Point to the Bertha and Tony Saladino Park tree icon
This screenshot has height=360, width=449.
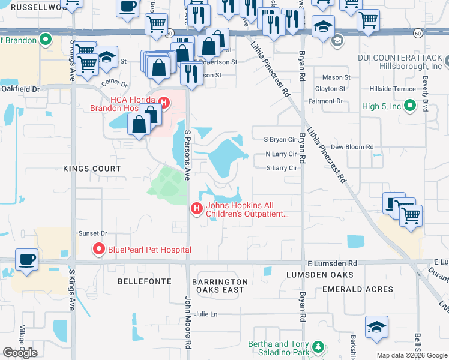pyautogui.click(x=317, y=347)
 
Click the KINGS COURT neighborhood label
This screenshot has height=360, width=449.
pyautogui.click(x=91, y=169)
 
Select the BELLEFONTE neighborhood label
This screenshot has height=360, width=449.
pyautogui.click(x=144, y=281)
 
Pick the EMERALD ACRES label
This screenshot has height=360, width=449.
pyautogui.click(x=358, y=289)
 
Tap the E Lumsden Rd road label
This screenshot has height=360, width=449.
pyautogui.click(x=331, y=263)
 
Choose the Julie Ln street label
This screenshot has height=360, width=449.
pyautogui.click(x=205, y=314)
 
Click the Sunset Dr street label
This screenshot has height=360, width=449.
pyautogui.click(x=92, y=233)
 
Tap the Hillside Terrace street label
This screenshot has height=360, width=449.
pyautogui.click(x=391, y=89)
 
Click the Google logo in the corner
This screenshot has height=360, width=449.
pyautogui.click(x=20, y=353)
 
